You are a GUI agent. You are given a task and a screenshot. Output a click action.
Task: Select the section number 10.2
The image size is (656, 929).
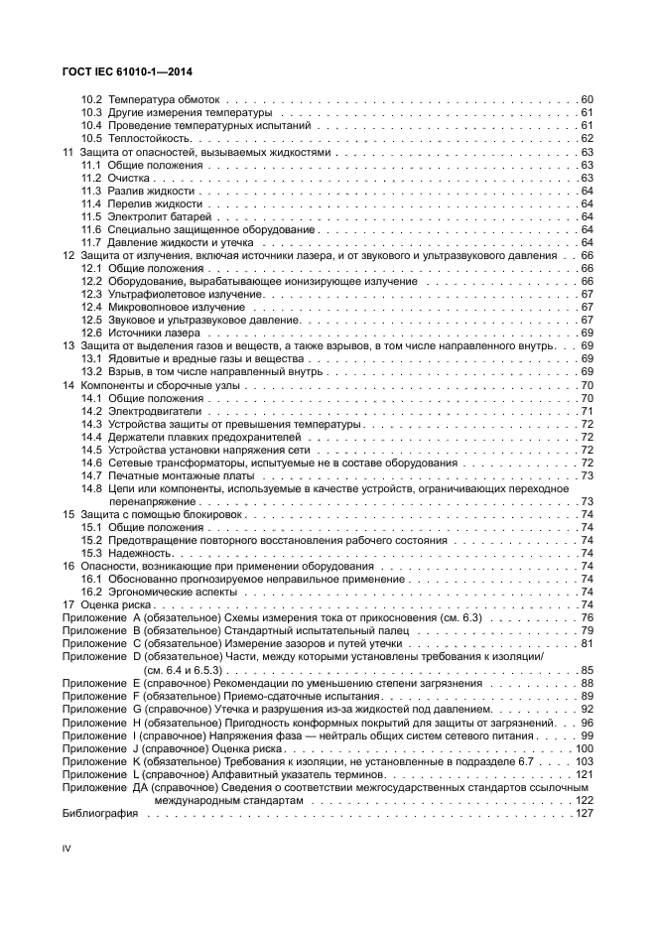pyautogui.click(x=91, y=100)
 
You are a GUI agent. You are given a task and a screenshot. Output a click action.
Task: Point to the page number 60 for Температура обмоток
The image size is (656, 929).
pyautogui.click(x=586, y=100)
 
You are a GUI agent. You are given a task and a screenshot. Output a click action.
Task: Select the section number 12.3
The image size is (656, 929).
pyautogui.click(x=91, y=294)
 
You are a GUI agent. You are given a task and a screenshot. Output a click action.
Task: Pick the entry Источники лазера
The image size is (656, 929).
pyautogui.click(x=157, y=332)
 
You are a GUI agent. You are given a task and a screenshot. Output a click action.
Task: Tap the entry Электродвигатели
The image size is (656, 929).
pyautogui.click(x=155, y=410)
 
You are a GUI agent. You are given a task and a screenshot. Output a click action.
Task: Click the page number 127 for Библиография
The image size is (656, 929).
pyautogui.click(x=584, y=813)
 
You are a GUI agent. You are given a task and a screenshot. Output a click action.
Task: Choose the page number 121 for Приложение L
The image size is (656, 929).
pyautogui.click(x=584, y=773)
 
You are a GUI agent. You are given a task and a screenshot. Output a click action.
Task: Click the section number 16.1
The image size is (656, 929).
pyautogui.click(x=91, y=579)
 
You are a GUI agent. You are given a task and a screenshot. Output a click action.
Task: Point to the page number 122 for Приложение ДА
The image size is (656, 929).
pyautogui.click(x=584, y=800)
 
